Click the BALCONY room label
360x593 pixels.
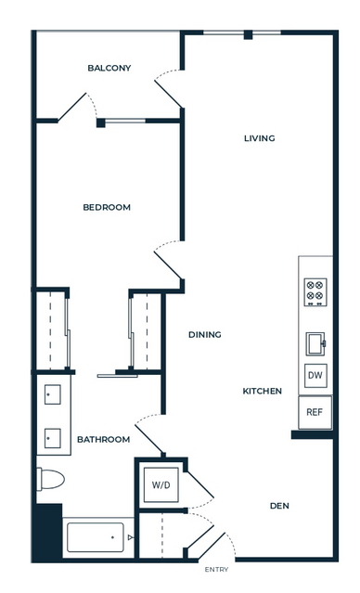click(x=109, y=68)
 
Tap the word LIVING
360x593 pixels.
click(x=260, y=138)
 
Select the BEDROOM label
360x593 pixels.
click(x=107, y=207)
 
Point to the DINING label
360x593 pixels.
click(x=205, y=335)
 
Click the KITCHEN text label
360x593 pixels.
click(x=262, y=391)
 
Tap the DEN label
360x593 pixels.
click(x=279, y=506)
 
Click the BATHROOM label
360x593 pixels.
click(x=103, y=440)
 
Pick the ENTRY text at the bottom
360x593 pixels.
click(x=216, y=570)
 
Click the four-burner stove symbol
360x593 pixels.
click(x=315, y=292)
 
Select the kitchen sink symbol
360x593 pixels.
click(x=315, y=343)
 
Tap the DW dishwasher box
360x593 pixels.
click(x=315, y=376)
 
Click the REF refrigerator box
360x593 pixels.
click(x=315, y=412)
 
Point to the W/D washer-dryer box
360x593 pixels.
click(x=161, y=484)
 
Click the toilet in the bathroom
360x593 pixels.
click(x=50, y=479)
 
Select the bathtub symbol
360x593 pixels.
click(x=96, y=537)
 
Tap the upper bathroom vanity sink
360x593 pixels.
click(x=53, y=394)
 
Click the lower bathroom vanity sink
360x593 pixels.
click(x=53, y=438)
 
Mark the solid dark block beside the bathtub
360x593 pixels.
click(x=48, y=532)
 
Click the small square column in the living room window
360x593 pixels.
click(x=248, y=34)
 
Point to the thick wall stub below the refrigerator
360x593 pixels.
click(x=313, y=434)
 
